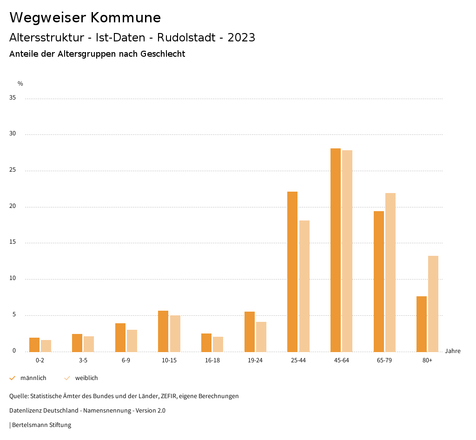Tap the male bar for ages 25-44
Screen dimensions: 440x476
tap(292, 272)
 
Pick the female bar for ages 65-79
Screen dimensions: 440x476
tap(390, 273)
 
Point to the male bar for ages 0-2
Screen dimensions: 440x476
tap(34, 345)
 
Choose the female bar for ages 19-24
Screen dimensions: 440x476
tap(261, 337)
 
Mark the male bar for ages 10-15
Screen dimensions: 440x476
tap(163, 331)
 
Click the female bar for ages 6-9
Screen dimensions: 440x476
tap(132, 340)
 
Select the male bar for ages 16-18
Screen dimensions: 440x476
tap(206, 342)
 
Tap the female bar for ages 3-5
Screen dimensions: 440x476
tap(89, 344)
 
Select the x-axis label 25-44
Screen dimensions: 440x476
tap(298, 360)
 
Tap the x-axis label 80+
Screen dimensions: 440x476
tap(428, 360)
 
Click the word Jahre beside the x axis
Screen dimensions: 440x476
tap(453, 351)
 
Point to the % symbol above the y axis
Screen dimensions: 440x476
tap(20, 84)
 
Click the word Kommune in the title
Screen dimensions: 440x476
tap(126, 18)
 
